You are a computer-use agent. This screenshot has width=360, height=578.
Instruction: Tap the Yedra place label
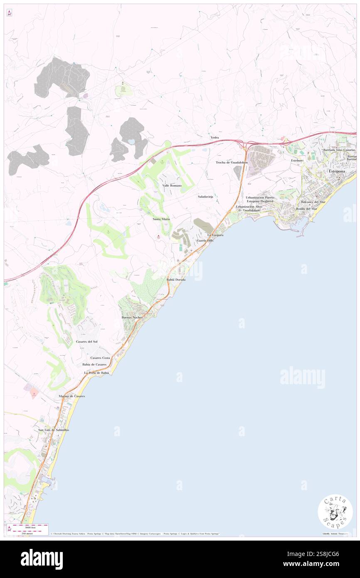pos(215,137)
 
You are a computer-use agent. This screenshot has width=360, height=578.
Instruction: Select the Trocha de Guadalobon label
pos(232,163)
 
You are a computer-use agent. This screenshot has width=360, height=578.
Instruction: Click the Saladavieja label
pos(205,196)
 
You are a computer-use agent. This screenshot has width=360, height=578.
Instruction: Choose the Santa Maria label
pos(161,219)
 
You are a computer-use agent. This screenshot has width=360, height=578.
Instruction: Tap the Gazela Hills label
pos(205,241)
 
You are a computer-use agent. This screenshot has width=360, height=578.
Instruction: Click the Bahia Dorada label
pos(176,280)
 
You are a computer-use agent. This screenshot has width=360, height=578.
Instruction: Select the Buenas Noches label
pos(132,317)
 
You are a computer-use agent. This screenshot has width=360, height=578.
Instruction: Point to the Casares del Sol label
pos(87,341)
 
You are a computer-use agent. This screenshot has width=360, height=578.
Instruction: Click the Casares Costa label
pos(100,358)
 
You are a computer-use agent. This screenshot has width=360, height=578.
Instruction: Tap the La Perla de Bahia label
pos(96,373)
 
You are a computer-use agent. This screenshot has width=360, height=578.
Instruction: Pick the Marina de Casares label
pos(72,396)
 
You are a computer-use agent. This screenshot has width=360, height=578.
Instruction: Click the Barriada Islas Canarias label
pos(339,150)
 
